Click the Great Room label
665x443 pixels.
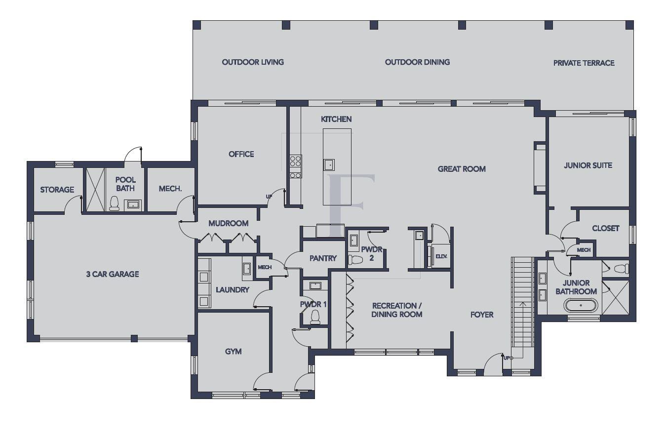[x=462, y=169]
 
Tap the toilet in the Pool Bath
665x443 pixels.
[x=115, y=203]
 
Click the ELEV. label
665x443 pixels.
[x=441, y=256]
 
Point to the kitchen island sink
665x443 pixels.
[x=329, y=164]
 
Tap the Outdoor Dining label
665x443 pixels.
[x=417, y=62]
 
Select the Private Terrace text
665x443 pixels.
[x=584, y=63]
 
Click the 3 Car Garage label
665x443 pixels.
[x=112, y=274]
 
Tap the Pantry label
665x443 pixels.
[x=323, y=258]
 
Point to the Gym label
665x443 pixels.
[x=233, y=352]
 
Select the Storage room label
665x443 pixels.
[x=57, y=190]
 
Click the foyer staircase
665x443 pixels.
[x=522, y=301]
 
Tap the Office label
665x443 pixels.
[x=241, y=154]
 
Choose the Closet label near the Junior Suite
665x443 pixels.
[x=605, y=228]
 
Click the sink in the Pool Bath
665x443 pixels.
[x=133, y=204]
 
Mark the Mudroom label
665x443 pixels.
[x=228, y=223]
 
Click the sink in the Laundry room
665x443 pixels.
[x=247, y=269]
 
